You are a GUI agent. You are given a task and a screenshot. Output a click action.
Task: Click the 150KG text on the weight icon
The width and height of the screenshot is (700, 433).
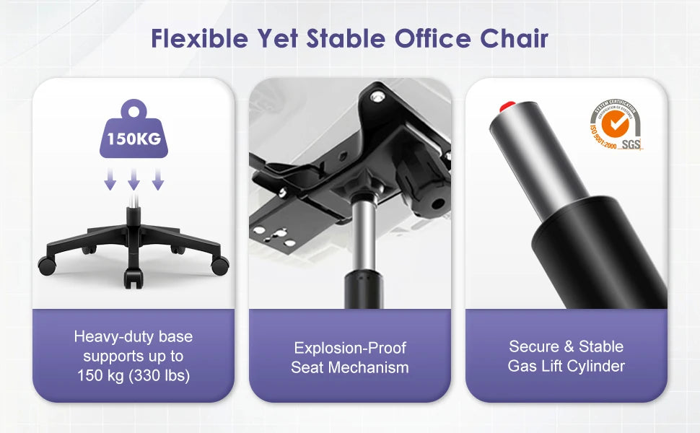(x=134, y=139)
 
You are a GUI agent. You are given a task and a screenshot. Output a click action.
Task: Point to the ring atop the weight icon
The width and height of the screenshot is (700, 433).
(x=134, y=110)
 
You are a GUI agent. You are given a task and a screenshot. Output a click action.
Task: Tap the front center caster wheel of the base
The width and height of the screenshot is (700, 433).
(x=133, y=278)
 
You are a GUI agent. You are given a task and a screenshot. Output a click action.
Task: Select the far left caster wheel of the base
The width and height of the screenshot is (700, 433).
(x=46, y=265)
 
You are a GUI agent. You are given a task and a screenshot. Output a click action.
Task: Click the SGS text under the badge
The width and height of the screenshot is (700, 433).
(x=631, y=145)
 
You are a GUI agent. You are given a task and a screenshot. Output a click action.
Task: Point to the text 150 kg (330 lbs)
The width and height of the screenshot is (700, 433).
(x=134, y=375)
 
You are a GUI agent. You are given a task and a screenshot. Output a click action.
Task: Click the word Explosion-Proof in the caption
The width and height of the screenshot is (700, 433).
(x=350, y=348)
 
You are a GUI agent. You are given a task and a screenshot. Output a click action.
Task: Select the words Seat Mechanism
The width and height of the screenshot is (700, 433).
(x=350, y=367)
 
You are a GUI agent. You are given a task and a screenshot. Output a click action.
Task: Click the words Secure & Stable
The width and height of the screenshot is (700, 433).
(x=566, y=346)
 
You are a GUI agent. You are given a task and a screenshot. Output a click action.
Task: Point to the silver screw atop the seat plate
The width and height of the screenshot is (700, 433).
(x=378, y=96)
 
